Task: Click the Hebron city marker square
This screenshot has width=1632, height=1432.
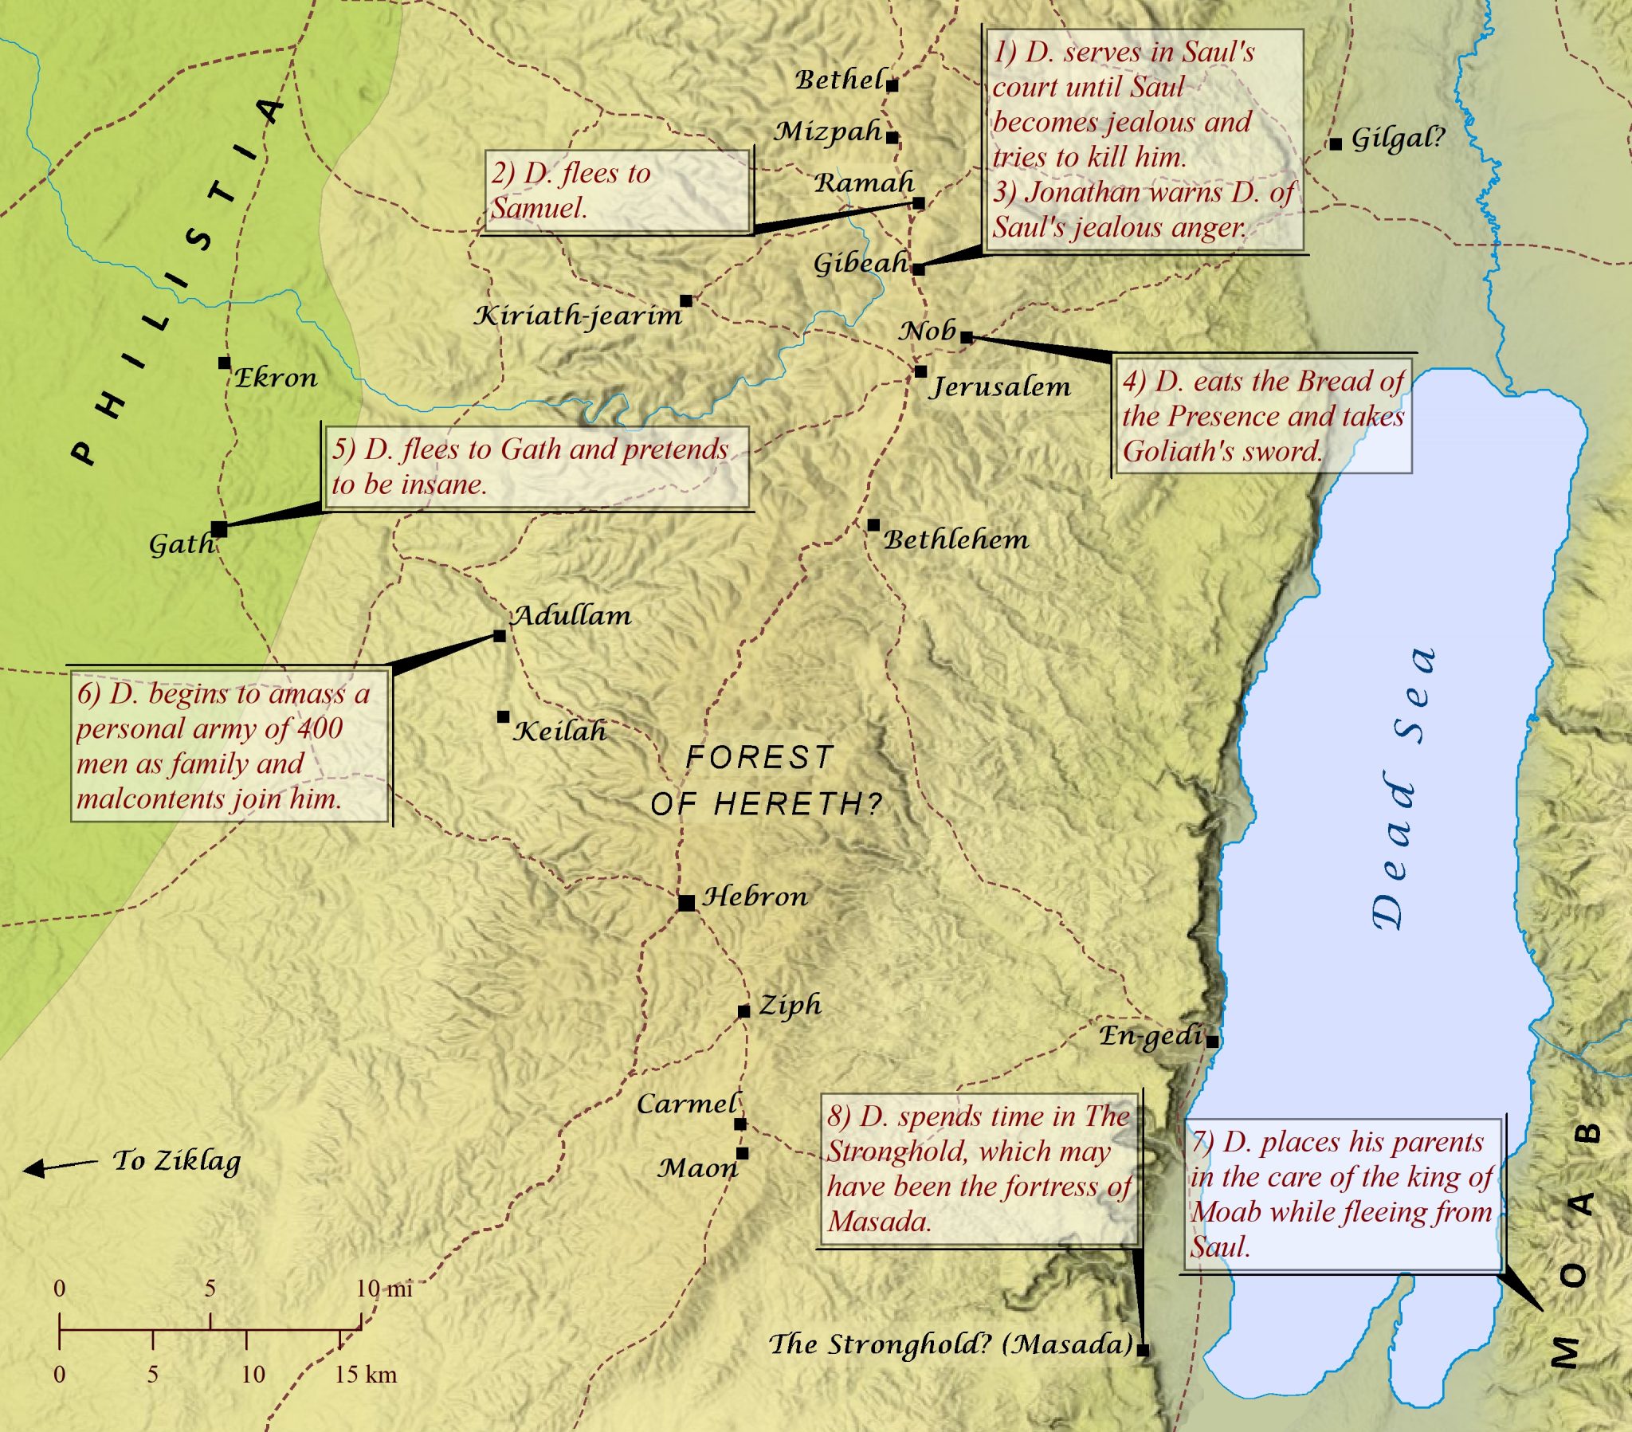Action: pyautogui.click(x=686, y=903)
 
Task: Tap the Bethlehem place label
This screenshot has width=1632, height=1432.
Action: pyautogui.click(x=955, y=540)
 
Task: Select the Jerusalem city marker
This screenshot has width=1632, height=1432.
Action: pyautogui.click(x=920, y=371)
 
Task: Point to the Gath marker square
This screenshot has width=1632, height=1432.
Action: pyautogui.click(x=220, y=528)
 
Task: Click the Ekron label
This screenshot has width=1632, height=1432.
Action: pyautogui.click(x=276, y=378)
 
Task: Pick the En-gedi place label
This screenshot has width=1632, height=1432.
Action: pyautogui.click(x=1150, y=1036)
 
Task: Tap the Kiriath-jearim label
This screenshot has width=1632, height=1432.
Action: pyautogui.click(x=578, y=316)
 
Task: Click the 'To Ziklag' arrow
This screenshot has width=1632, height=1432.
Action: pyautogui.click(x=60, y=1166)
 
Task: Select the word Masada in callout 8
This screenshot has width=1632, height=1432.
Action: pyautogui.click(x=878, y=1221)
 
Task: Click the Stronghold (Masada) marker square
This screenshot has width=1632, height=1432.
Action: pyautogui.click(x=1143, y=1350)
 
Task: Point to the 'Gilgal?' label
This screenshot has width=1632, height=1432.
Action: pyautogui.click(x=1397, y=139)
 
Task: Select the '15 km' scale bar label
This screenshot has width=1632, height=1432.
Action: pyautogui.click(x=365, y=1374)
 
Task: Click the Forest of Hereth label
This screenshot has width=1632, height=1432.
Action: pyautogui.click(x=765, y=780)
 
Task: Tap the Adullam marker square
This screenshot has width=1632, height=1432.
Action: pyautogui.click(x=500, y=636)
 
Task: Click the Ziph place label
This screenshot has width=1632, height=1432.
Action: pyautogui.click(x=789, y=1005)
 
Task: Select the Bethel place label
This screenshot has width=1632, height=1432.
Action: pyautogui.click(x=838, y=80)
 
